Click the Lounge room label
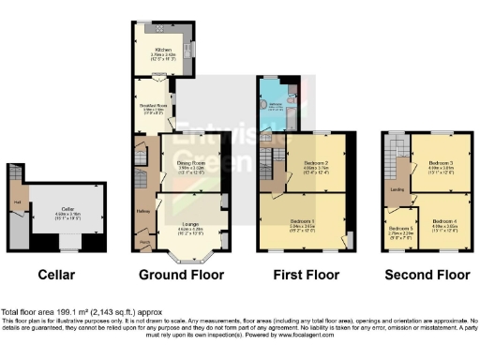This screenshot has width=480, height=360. [188, 222]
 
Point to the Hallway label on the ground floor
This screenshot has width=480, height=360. [142, 211]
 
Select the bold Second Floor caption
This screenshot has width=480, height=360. [427, 276]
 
